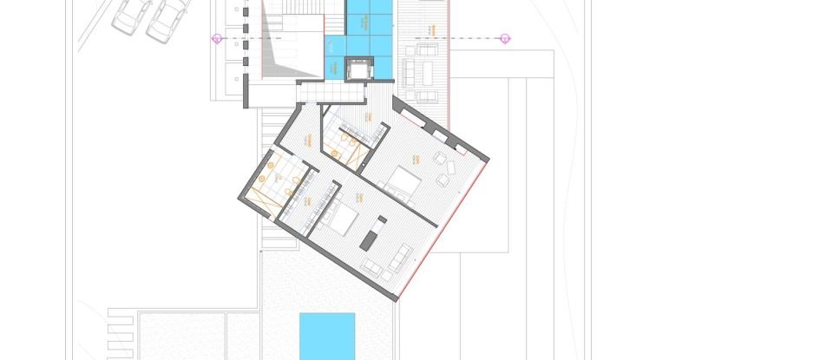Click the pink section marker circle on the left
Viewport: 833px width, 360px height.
(217, 38)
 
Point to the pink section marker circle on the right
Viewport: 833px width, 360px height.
(505, 38)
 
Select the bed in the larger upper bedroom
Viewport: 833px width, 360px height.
(403, 182)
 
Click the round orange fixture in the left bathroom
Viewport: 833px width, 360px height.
(272, 163)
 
